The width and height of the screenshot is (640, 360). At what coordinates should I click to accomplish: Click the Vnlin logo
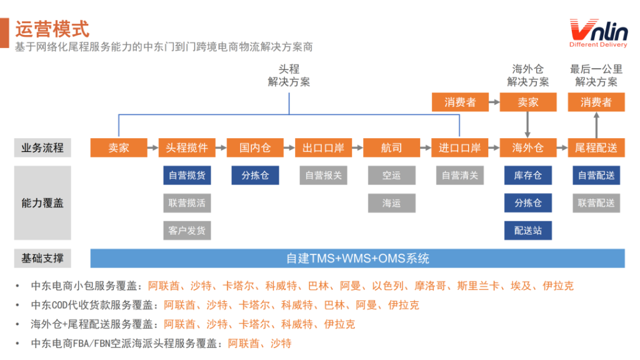point(598,33)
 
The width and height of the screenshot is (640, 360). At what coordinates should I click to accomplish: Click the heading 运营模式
point(52,29)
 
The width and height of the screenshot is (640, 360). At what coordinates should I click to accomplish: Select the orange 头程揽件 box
point(187,147)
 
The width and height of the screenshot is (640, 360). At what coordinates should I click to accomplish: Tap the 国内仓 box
point(255,147)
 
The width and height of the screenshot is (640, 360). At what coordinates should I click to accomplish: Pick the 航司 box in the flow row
point(391,147)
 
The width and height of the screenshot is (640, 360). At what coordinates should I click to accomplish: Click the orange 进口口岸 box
point(459,147)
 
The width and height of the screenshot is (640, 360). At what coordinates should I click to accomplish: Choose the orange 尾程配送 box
point(596,147)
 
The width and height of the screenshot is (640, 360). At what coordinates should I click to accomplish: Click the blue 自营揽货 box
point(187,176)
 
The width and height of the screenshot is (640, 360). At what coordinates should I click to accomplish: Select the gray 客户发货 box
point(187,231)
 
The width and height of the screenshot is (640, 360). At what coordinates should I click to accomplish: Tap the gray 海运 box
point(392,203)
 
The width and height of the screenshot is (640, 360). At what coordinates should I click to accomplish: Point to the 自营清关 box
point(460,176)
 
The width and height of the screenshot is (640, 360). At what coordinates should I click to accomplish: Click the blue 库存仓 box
point(528,176)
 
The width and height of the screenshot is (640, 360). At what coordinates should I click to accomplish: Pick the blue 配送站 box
point(528,231)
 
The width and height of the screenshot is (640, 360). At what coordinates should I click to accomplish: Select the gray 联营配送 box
point(596,203)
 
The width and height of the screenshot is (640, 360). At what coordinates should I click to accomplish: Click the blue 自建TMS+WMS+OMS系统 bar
point(357,258)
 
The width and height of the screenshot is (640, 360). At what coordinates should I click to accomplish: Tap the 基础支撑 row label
point(42,258)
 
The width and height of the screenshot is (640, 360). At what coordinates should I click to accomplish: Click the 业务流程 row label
point(42,147)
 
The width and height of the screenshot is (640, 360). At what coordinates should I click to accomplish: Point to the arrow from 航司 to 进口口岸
point(426,147)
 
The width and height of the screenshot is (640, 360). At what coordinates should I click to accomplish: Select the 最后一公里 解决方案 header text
point(596,76)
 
